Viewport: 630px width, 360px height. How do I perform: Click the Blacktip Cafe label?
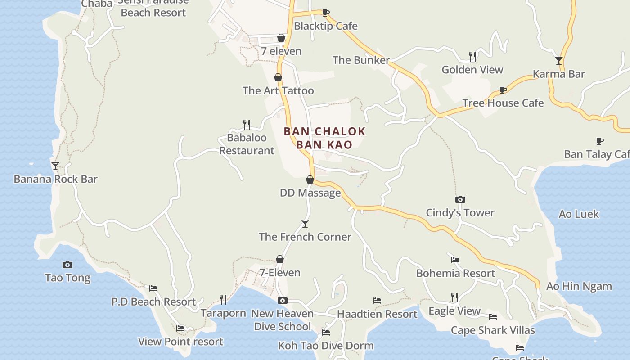325,26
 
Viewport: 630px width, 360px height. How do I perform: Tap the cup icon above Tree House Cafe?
503,90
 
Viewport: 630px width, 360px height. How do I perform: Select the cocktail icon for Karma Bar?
559,60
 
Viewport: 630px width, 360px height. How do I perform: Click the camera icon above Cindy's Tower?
460,199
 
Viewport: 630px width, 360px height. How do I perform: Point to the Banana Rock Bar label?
55,179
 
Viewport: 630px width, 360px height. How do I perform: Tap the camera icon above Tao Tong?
67,265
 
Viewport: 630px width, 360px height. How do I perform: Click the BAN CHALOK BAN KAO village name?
324,138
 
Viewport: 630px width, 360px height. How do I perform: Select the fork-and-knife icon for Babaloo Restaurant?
247,124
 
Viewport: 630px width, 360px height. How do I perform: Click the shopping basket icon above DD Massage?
310,180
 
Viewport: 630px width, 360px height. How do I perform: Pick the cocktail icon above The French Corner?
305,224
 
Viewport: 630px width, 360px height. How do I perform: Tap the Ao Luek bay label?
578,214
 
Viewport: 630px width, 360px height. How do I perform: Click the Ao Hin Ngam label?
579,286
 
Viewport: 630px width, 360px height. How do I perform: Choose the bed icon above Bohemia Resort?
455,260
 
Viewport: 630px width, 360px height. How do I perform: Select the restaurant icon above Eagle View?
454,297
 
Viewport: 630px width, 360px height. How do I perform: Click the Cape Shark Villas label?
493,330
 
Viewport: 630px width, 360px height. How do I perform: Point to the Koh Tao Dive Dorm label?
326,346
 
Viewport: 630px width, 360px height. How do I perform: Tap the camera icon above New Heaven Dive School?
282,300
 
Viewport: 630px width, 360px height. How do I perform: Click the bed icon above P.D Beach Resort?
153,288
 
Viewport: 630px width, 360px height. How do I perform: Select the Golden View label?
472,70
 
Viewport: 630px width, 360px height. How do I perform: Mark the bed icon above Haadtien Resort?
377,301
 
